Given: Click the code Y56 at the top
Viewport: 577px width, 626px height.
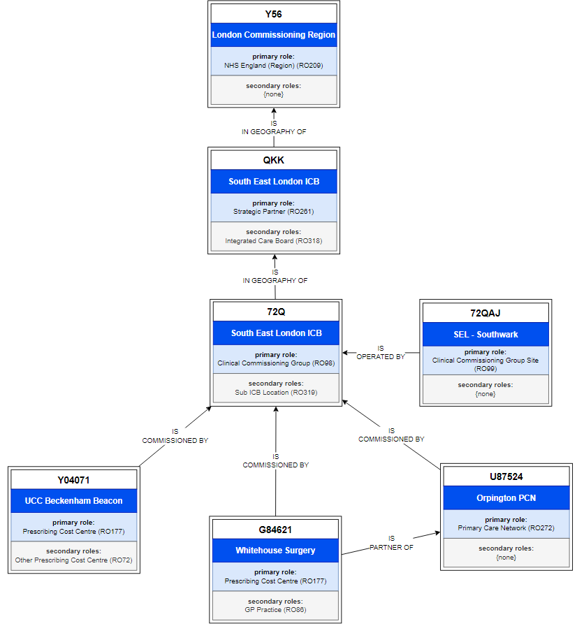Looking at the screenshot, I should point(273,14).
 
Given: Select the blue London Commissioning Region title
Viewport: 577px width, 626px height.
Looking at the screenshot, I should point(273,35).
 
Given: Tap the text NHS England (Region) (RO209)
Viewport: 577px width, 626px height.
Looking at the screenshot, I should point(273,65).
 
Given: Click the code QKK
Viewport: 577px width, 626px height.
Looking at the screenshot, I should point(273,160).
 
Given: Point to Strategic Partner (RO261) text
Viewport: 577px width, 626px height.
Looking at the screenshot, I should point(273,211).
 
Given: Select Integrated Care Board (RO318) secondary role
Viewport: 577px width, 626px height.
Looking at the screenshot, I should point(273,241).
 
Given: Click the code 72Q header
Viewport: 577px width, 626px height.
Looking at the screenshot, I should point(276,312).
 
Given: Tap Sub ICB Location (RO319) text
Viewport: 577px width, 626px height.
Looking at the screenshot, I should point(276,393).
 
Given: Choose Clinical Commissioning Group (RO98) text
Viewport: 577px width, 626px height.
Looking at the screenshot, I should point(276,363).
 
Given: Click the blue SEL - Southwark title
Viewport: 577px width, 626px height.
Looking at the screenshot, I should point(485,334).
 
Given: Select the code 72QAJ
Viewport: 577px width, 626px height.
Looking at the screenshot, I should point(485,312).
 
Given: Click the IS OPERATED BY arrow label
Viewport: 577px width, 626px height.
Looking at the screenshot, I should point(381,352).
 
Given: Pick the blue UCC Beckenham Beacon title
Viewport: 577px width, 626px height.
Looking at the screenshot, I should point(73,501).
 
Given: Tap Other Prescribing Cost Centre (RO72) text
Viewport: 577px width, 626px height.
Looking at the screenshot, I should point(73,560).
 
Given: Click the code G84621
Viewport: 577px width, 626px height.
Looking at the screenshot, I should point(275,530).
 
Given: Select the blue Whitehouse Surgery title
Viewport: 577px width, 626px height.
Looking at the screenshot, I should point(275,551).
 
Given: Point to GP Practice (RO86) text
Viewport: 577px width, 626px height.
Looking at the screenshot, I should point(275,610).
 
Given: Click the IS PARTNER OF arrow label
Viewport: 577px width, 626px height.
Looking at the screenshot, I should point(391,543).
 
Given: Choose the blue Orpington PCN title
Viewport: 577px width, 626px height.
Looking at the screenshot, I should point(506,498).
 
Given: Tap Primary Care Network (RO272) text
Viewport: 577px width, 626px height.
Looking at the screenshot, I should point(506,528).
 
